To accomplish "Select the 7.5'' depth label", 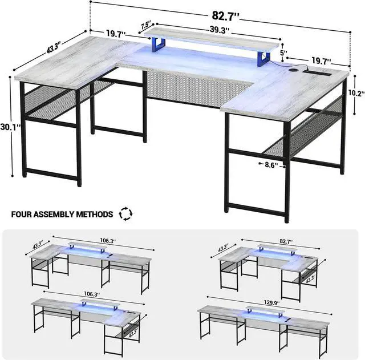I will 146,26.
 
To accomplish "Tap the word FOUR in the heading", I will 22,215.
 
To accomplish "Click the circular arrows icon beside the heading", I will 124,215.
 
